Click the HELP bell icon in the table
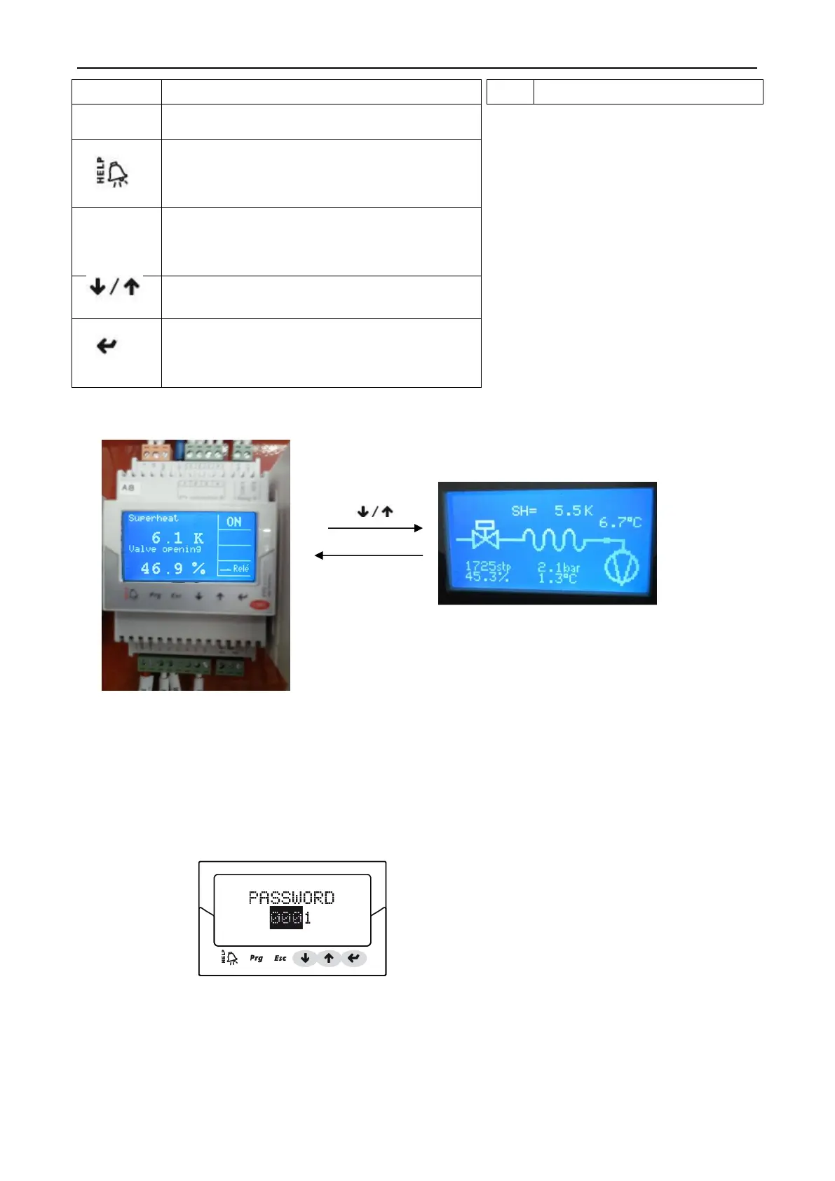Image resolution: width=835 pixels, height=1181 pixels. [112, 172]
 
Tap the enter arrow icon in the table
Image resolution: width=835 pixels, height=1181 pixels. [107, 346]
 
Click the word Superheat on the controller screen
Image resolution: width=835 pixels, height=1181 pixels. [153, 518]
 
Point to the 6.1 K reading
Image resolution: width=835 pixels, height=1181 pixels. [177, 538]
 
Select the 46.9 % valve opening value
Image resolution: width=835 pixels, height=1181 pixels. [172, 569]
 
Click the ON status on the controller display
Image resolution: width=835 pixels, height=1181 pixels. [234, 522]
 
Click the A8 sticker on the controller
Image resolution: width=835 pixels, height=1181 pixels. [128, 487]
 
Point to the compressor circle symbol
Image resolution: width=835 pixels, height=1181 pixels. [621, 567]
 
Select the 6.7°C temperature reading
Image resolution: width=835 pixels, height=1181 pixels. [620, 522]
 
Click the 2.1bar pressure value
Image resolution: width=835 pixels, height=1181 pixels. [559, 567]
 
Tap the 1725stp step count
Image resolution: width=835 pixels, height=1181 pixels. [488, 566]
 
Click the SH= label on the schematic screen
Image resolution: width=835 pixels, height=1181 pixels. [524, 511]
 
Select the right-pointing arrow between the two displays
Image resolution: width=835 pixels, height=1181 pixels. [375, 528]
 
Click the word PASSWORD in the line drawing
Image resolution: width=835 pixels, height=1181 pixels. [292, 898]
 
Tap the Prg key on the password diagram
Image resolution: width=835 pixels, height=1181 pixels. [257, 958]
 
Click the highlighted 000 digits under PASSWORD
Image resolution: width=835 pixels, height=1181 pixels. [286, 918]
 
